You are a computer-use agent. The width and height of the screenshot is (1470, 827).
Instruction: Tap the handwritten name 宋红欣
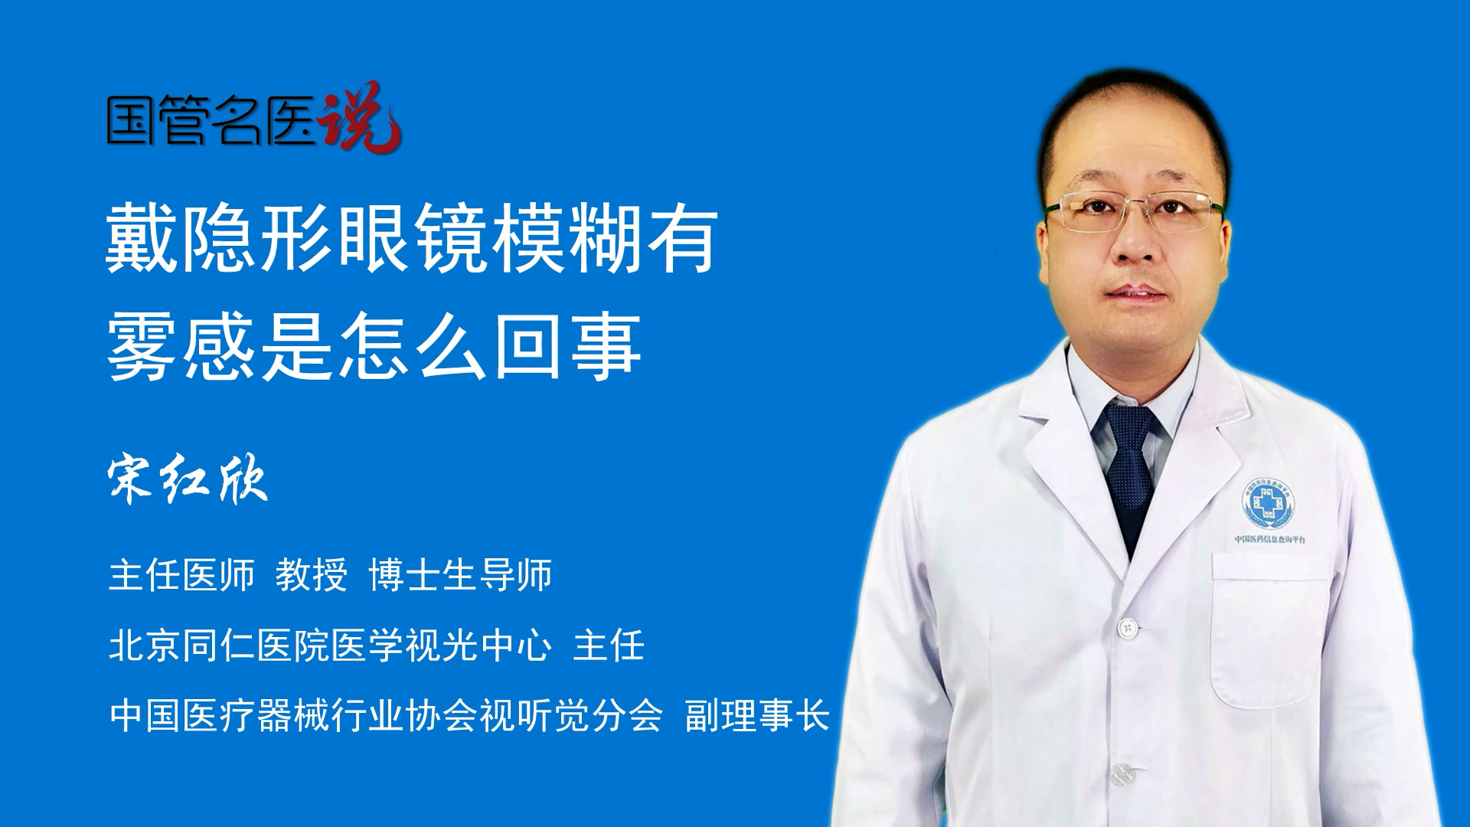click(188, 480)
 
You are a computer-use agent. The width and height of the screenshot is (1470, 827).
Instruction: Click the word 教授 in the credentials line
click(312, 574)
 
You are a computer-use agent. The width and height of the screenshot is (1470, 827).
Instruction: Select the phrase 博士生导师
click(460, 574)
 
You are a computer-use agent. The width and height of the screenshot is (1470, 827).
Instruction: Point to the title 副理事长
click(757, 716)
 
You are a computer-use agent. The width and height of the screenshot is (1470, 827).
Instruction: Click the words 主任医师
click(181, 574)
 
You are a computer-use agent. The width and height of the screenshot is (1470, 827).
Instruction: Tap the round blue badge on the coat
click(1267, 502)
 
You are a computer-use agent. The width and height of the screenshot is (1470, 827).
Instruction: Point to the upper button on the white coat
click(1126, 629)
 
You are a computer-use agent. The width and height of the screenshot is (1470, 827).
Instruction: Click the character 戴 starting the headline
click(142, 238)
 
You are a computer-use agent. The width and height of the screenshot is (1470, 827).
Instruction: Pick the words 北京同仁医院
click(219, 645)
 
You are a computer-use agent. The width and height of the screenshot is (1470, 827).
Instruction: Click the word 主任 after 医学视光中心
click(609, 645)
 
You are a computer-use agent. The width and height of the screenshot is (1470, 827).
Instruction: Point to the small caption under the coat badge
click(1269, 539)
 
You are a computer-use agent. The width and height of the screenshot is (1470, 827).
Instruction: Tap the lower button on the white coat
click(1122, 774)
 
